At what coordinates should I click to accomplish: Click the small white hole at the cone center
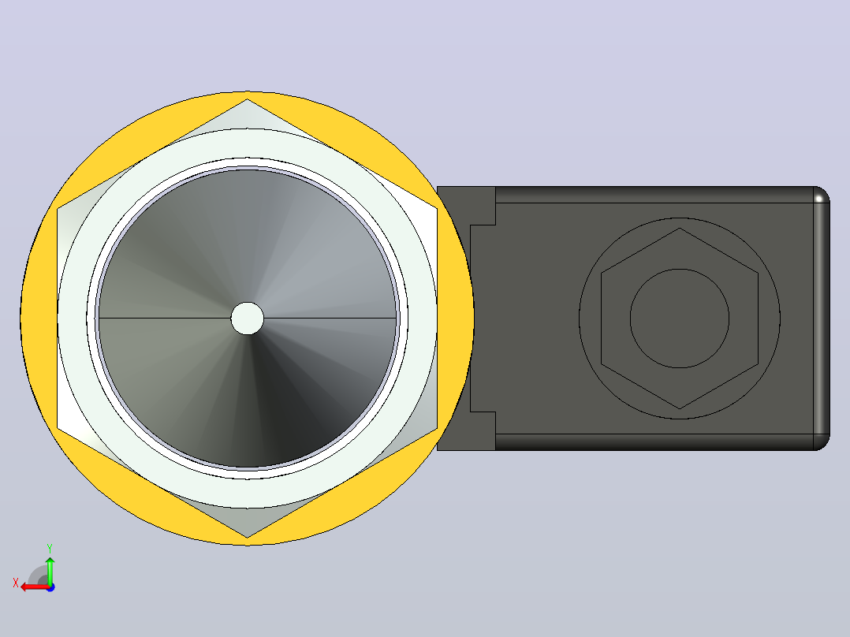coord(248,318)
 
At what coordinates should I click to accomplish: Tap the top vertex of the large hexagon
coord(248,99)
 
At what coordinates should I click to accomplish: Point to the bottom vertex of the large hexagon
coord(248,537)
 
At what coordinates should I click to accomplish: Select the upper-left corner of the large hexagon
coord(58,208)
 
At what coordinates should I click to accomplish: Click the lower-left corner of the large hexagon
coord(58,428)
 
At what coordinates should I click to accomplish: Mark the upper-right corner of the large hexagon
coord(437,208)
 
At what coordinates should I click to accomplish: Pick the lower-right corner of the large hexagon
coord(437,428)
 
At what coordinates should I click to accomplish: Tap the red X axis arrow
coord(35,587)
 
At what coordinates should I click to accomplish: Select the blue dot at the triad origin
coord(50,587)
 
